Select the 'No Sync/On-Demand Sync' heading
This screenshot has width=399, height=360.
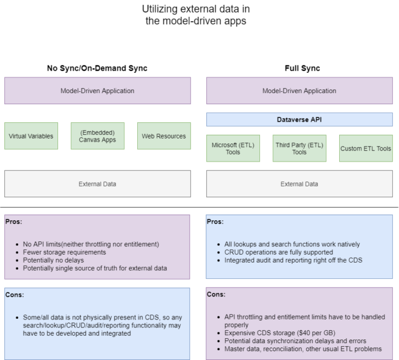coord(97,68)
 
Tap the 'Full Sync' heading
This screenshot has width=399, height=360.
coord(302,68)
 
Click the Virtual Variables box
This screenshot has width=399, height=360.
coord(31,136)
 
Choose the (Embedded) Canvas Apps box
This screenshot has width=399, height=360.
coord(97,136)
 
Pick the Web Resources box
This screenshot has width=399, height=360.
coord(164,136)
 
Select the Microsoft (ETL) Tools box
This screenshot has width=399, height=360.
coord(233,148)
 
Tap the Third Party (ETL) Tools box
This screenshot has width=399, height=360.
coord(299,148)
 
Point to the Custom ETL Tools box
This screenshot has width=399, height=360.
coord(366,148)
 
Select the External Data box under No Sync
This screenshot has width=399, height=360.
coord(97,184)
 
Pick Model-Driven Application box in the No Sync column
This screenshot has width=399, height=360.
coord(97,91)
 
